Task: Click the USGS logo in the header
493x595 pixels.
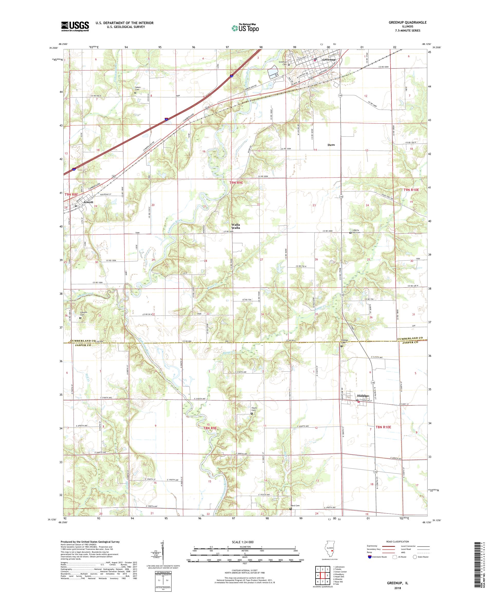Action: (75, 27)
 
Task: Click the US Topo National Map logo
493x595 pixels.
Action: (245, 27)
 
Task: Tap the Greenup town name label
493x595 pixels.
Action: (329, 60)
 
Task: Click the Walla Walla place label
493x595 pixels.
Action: (235, 226)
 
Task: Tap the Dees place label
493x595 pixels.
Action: (331, 145)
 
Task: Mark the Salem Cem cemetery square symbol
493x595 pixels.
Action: (135, 93)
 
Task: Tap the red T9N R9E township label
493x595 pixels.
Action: (236, 183)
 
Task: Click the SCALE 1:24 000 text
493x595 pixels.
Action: (244, 541)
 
